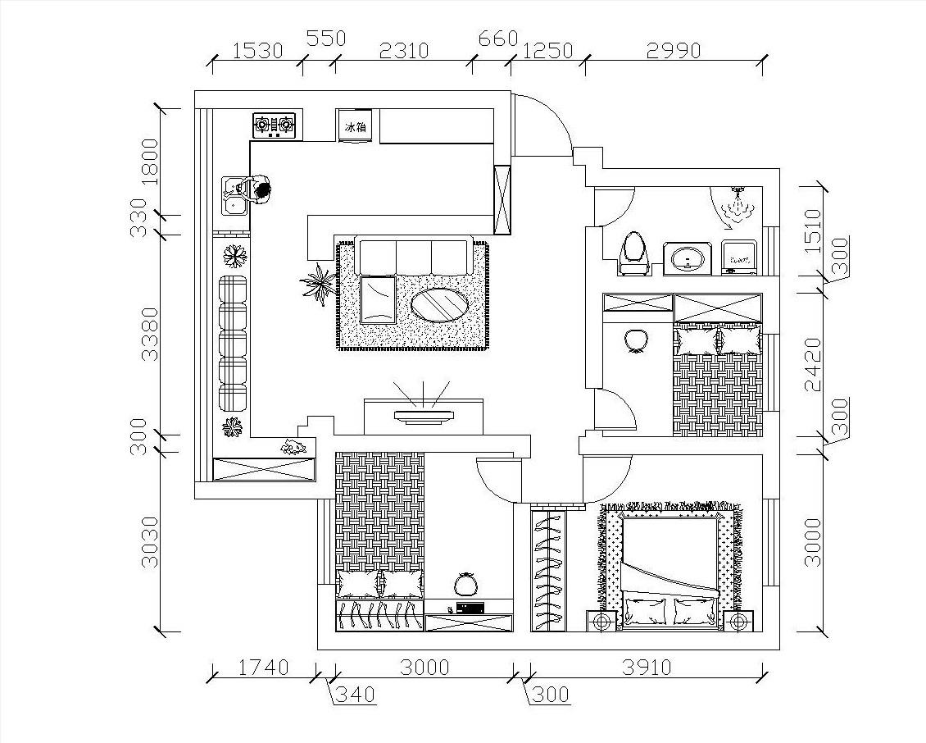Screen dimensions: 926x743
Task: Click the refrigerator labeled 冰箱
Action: [x=354, y=126]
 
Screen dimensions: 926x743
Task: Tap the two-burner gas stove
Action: [x=274, y=125]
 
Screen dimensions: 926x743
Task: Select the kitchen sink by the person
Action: [x=234, y=196]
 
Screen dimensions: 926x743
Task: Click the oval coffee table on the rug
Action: [x=440, y=304]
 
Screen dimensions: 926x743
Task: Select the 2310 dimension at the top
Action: [x=404, y=50]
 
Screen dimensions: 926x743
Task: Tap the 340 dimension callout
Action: [x=355, y=694]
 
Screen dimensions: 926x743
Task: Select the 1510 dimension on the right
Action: [x=814, y=230]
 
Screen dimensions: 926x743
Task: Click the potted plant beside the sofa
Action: [x=319, y=285]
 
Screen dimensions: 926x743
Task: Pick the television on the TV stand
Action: [x=424, y=416]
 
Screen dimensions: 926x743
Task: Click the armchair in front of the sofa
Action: [x=379, y=299]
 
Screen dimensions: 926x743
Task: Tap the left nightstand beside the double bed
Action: [x=601, y=622]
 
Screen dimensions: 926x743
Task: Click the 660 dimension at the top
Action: [x=498, y=39]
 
